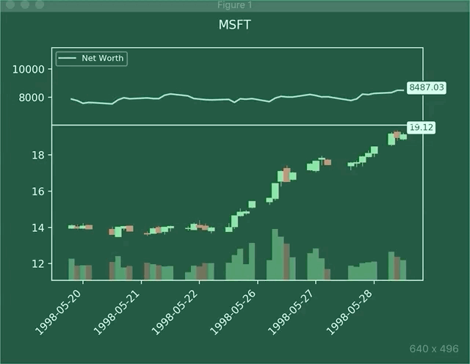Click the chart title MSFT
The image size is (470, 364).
[234, 25]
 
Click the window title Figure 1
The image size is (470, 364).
[235, 5]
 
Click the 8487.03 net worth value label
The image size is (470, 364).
[427, 87]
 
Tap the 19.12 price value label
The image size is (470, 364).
[422, 128]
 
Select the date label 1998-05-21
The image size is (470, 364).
[120, 307]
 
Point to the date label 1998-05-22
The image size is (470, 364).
[178, 307]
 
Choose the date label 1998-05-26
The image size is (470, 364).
[236, 307]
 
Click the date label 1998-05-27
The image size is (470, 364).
[294, 307]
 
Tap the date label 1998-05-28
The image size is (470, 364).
[352, 307]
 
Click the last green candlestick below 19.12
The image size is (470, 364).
[403, 136]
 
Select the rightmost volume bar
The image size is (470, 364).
[403, 269]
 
